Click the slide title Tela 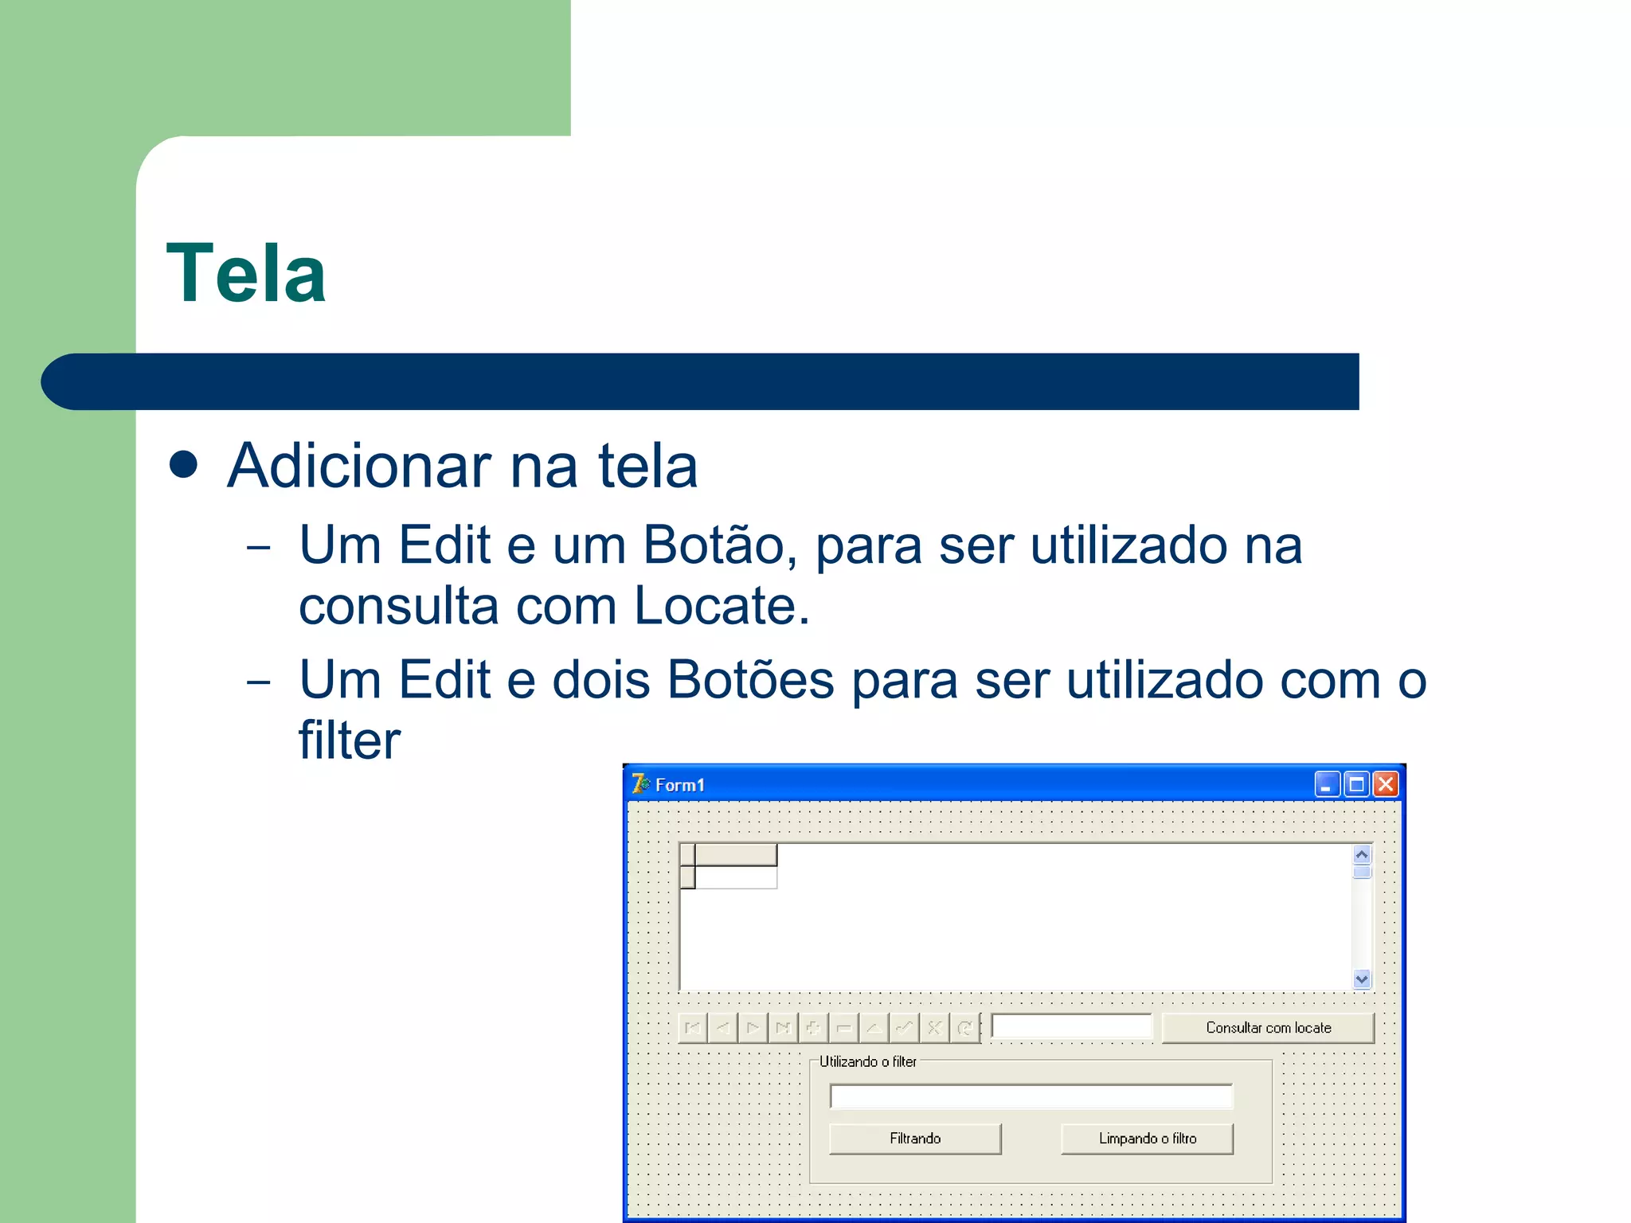coord(246,274)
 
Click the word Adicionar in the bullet coord(359,467)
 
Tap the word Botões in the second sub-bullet coord(750,681)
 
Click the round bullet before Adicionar coord(184,465)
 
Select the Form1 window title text coord(679,785)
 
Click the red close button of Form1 coord(1386,784)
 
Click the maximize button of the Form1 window coord(1356,784)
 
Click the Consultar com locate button coord(1268,1028)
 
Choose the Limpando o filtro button coord(1147,1139)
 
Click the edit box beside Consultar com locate coord(1071,1027)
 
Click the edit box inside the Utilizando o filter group coord(1031,1096)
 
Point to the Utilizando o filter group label coord(867,1062)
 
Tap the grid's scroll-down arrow coord(1362,979)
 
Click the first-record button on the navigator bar coord(693,1028)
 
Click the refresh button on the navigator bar coord(964,1028)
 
